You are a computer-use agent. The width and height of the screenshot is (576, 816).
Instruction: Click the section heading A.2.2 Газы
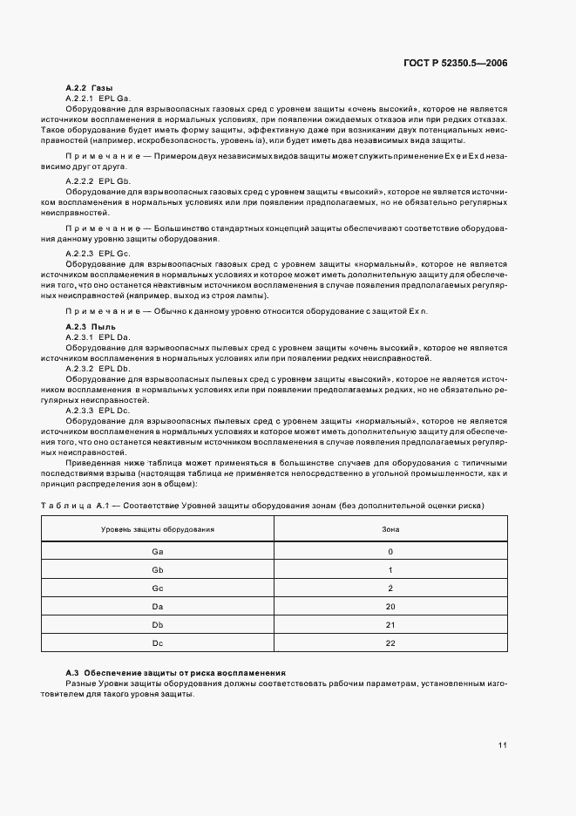coord(89,89)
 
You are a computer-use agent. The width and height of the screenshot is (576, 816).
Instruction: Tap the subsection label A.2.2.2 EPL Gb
coord(98,180)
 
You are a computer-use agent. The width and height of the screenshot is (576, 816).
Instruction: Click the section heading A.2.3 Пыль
coord(91,325)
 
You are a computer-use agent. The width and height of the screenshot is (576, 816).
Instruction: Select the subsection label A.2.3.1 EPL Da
coord(98,336)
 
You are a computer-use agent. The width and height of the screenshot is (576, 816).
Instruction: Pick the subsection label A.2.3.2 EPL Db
coord(98,369)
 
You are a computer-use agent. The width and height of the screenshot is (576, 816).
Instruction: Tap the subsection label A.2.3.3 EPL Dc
coord(98,410)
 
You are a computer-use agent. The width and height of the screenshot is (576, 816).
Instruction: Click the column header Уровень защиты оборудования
coord(158,529)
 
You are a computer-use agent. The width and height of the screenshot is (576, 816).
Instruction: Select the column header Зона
coord(390,529)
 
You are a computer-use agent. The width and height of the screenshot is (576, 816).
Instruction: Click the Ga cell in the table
coord(158,552)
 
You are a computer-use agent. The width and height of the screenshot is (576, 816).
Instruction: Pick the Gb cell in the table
coord(158,570)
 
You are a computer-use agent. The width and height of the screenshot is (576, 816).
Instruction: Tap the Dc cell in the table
coord(158,643)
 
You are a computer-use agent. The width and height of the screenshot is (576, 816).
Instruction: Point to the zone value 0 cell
coord(390,552)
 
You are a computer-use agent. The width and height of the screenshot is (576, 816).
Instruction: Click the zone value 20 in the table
coord(390,607)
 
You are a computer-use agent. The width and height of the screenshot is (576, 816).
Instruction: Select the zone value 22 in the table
coord(390,643)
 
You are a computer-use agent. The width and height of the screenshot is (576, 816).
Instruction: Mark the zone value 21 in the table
coord(390,625)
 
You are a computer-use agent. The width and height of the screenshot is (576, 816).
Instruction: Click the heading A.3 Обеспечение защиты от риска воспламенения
coord(176,673)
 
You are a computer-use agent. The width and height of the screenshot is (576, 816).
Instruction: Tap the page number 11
coord(503,745)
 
